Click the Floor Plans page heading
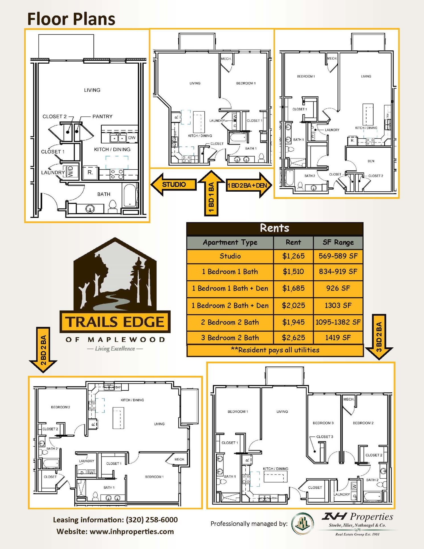pos(71,19)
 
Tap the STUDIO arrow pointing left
pos(174,185)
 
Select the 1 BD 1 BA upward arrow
pos(211,193)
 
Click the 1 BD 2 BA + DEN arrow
pos(249,185)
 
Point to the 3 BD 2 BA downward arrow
pos(379,337)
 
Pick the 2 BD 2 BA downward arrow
pos(43,350)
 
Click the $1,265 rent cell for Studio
pos(293,256)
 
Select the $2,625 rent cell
pos(293,338)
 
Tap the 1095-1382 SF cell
pos(338,322)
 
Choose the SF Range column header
pos(338,242)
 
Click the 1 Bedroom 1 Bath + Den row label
pos(230,288)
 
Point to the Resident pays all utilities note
pos(275,350)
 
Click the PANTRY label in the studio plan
pos(102,116)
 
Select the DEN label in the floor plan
pos(371,161)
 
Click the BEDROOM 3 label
pos(323,423)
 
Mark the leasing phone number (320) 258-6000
pos(152,520)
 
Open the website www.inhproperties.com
pos(132,532)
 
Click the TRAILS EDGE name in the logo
pos(115,322)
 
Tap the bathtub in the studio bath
pos(130,196)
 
